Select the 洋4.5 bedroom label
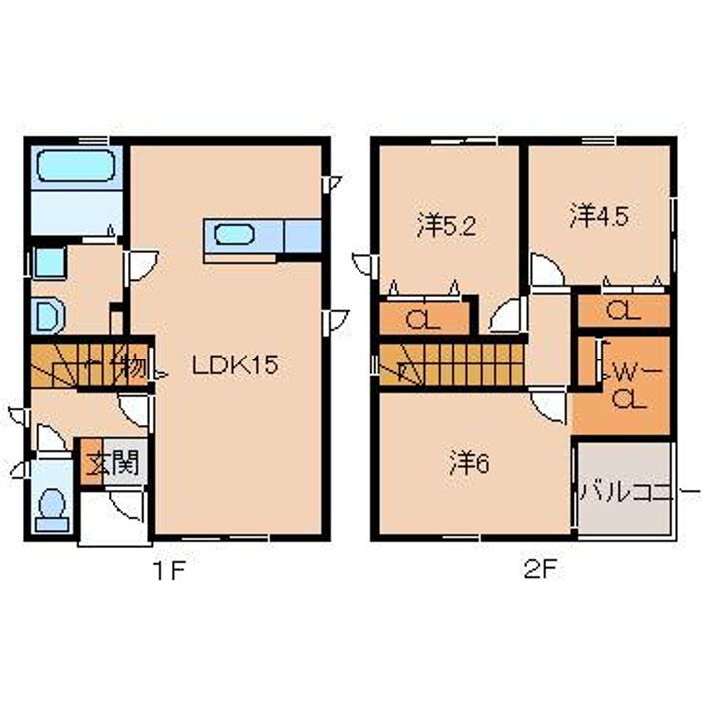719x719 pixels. [599, 216]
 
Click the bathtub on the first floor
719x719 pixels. [76, 167]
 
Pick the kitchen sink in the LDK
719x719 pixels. [232, 237]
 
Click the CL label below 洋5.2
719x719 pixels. [421, 321]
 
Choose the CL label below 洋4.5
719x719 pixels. [623, 311]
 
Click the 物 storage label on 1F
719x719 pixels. [132, 365]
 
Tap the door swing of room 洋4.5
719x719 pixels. [545, 269]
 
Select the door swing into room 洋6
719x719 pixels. [546, 402]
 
